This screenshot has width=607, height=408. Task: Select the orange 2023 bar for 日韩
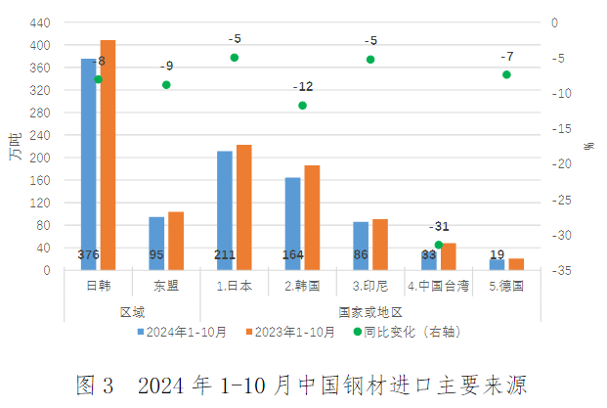pyautogui.click(x=108, y=156)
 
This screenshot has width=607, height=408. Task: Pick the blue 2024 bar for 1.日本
pyautogui.click(x=224, y=210)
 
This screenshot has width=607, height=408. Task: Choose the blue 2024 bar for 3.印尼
pyautogui.click(x=361, y=246)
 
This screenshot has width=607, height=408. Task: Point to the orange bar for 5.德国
pyautogui.click(x=516, y=264)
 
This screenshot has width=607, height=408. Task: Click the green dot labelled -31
pyautogui.click(x=439, y=245)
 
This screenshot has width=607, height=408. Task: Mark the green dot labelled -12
pyautogui.click(x=303, y=105)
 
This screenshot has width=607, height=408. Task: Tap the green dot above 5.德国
pyautogui.click(x=506, y=74)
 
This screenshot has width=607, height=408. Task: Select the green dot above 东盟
pyautogui.click(x=166, y=85)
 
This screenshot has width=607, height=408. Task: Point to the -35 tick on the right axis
pyautogui.click(x=553, y=271)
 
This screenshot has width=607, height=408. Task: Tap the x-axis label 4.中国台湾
pyautogui.click(x=438, y=287)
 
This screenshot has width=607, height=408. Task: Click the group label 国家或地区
pyautogui.click(x=370, y=311)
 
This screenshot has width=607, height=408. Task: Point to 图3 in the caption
pyautogui.click(x=95, y=383)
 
